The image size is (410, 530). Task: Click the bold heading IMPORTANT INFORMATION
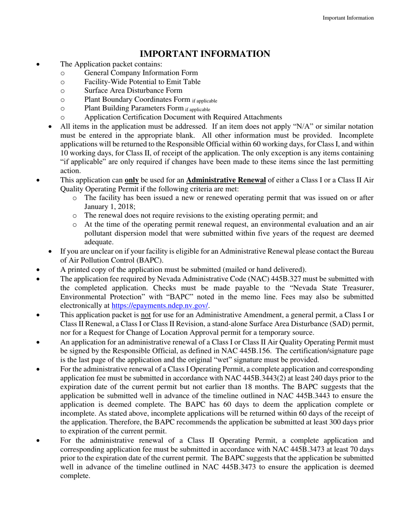coord(205,54)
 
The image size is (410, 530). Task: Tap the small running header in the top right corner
coord(348,18)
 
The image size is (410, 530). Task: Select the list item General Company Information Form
coord(141,73)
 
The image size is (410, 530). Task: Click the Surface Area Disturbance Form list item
coord(133,90)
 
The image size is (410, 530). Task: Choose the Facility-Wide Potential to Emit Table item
coord(142,82)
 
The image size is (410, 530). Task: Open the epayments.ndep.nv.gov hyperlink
coord(160,306)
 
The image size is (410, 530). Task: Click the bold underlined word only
coord(132,180)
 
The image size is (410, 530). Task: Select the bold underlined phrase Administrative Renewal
coord(226,180)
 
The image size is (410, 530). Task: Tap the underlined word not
coord(146,315)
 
